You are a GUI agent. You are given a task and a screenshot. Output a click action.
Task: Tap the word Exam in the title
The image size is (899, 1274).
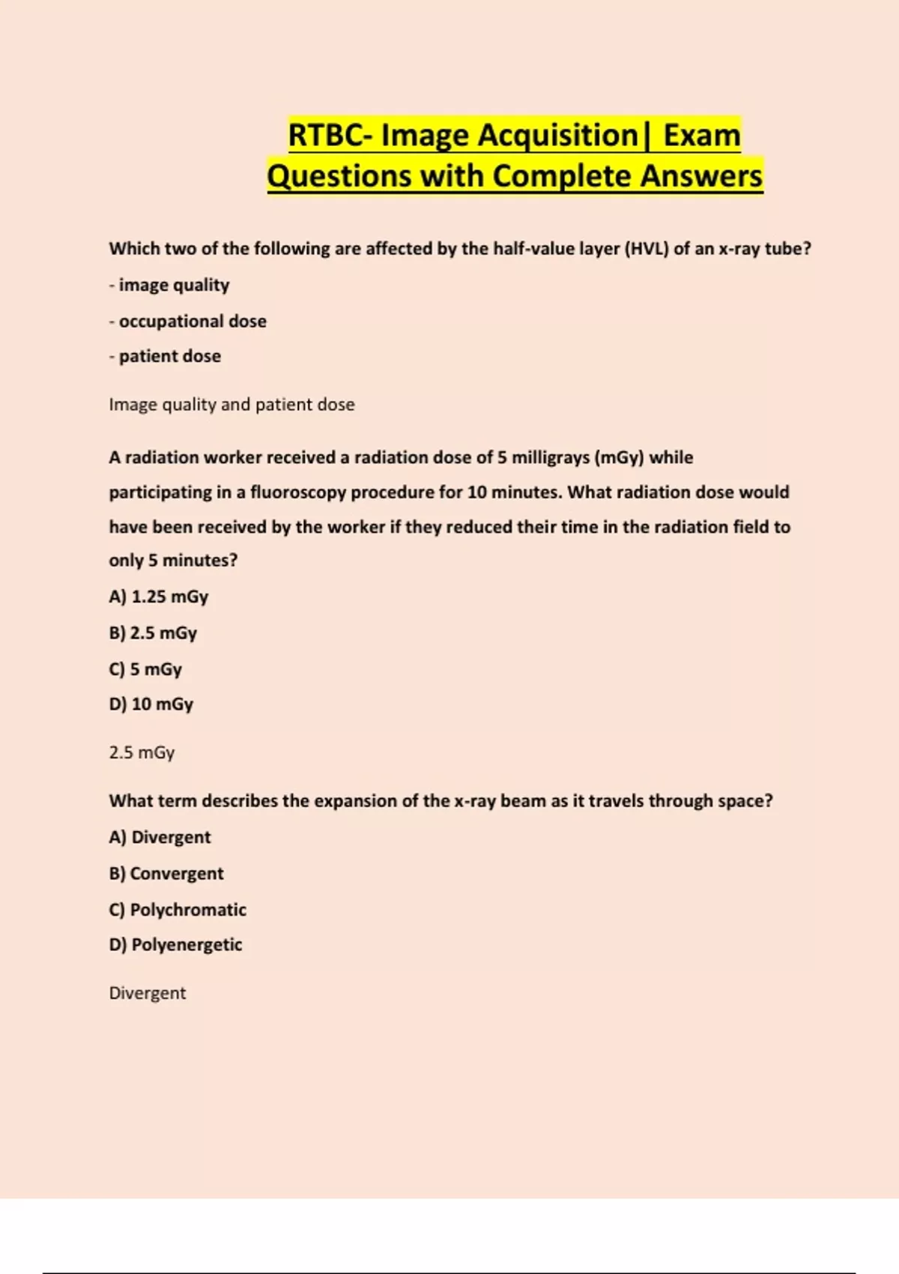tap(702, 136)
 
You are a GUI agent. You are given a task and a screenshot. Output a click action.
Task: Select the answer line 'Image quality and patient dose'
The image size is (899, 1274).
tap(231, 405)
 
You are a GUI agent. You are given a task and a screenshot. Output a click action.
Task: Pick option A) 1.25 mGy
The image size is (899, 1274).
tap(159, 597)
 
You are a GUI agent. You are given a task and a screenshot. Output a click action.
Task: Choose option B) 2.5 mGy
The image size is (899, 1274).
tap(153, 633)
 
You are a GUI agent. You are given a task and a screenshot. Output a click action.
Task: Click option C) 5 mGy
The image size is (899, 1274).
tap(145, 669)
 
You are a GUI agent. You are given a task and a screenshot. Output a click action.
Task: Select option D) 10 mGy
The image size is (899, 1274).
tap(151, 704)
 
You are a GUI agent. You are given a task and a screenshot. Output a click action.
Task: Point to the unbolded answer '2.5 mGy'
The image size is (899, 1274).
tap(142, 752)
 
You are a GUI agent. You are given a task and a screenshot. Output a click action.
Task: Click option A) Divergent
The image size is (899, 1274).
tap(160, 837)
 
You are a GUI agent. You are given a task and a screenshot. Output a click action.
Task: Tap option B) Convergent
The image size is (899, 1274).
tap(166, 874)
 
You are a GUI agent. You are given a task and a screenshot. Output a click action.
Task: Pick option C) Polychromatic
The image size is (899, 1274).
tap(178, 910)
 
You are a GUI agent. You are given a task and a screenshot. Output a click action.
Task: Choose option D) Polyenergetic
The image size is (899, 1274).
tap(175, 945)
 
